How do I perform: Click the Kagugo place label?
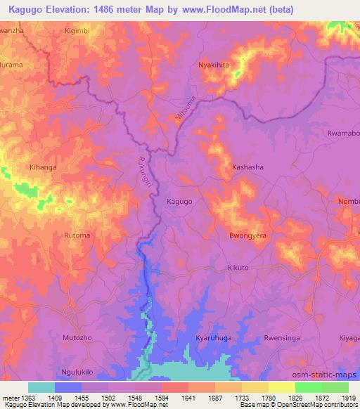point(179,202)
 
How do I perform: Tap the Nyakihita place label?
point(214,64)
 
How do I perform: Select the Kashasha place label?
point(247,168)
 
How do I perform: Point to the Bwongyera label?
point(247,236)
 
